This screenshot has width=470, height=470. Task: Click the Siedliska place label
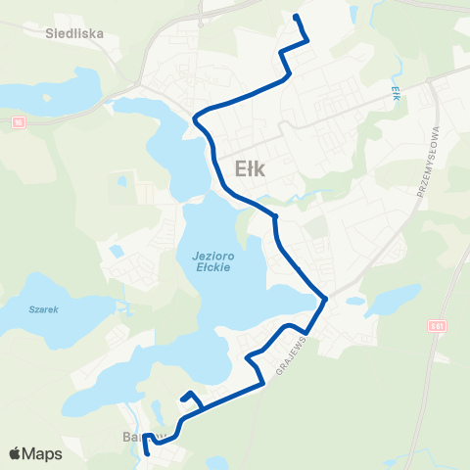(74, 31)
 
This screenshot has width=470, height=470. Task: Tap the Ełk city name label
(252, 167)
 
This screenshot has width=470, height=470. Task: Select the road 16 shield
(18, 122)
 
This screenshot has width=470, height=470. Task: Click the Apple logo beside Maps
(16, 453)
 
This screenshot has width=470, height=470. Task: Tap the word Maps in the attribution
(43, 453)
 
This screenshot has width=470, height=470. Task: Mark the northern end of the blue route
(297, 16)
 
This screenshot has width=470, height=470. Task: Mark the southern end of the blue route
(146, 453)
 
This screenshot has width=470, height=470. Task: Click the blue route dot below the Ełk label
(276, 215)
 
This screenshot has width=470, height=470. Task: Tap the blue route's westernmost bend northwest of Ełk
(195, 119)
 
